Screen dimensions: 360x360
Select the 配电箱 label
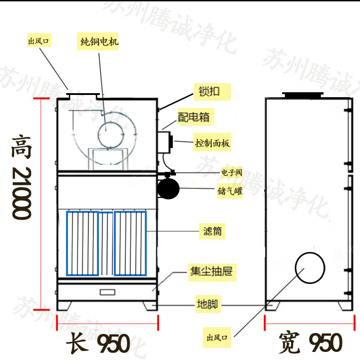[x=193, y=117]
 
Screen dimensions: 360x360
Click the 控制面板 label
[x=212, y=143]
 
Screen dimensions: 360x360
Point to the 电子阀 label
[x=232, y=172]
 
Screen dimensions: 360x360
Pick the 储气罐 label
[x=232, y=191]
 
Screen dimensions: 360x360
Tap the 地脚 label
[x=207, y=304]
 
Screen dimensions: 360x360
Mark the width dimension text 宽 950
[x=310, y=343]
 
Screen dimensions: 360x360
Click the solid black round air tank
[x=168, y=188]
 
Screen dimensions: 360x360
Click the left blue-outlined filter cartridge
[x=82, y=243]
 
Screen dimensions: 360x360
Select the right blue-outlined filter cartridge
[x=130, y=243]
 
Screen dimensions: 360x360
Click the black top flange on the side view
[x=302, y=95]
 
